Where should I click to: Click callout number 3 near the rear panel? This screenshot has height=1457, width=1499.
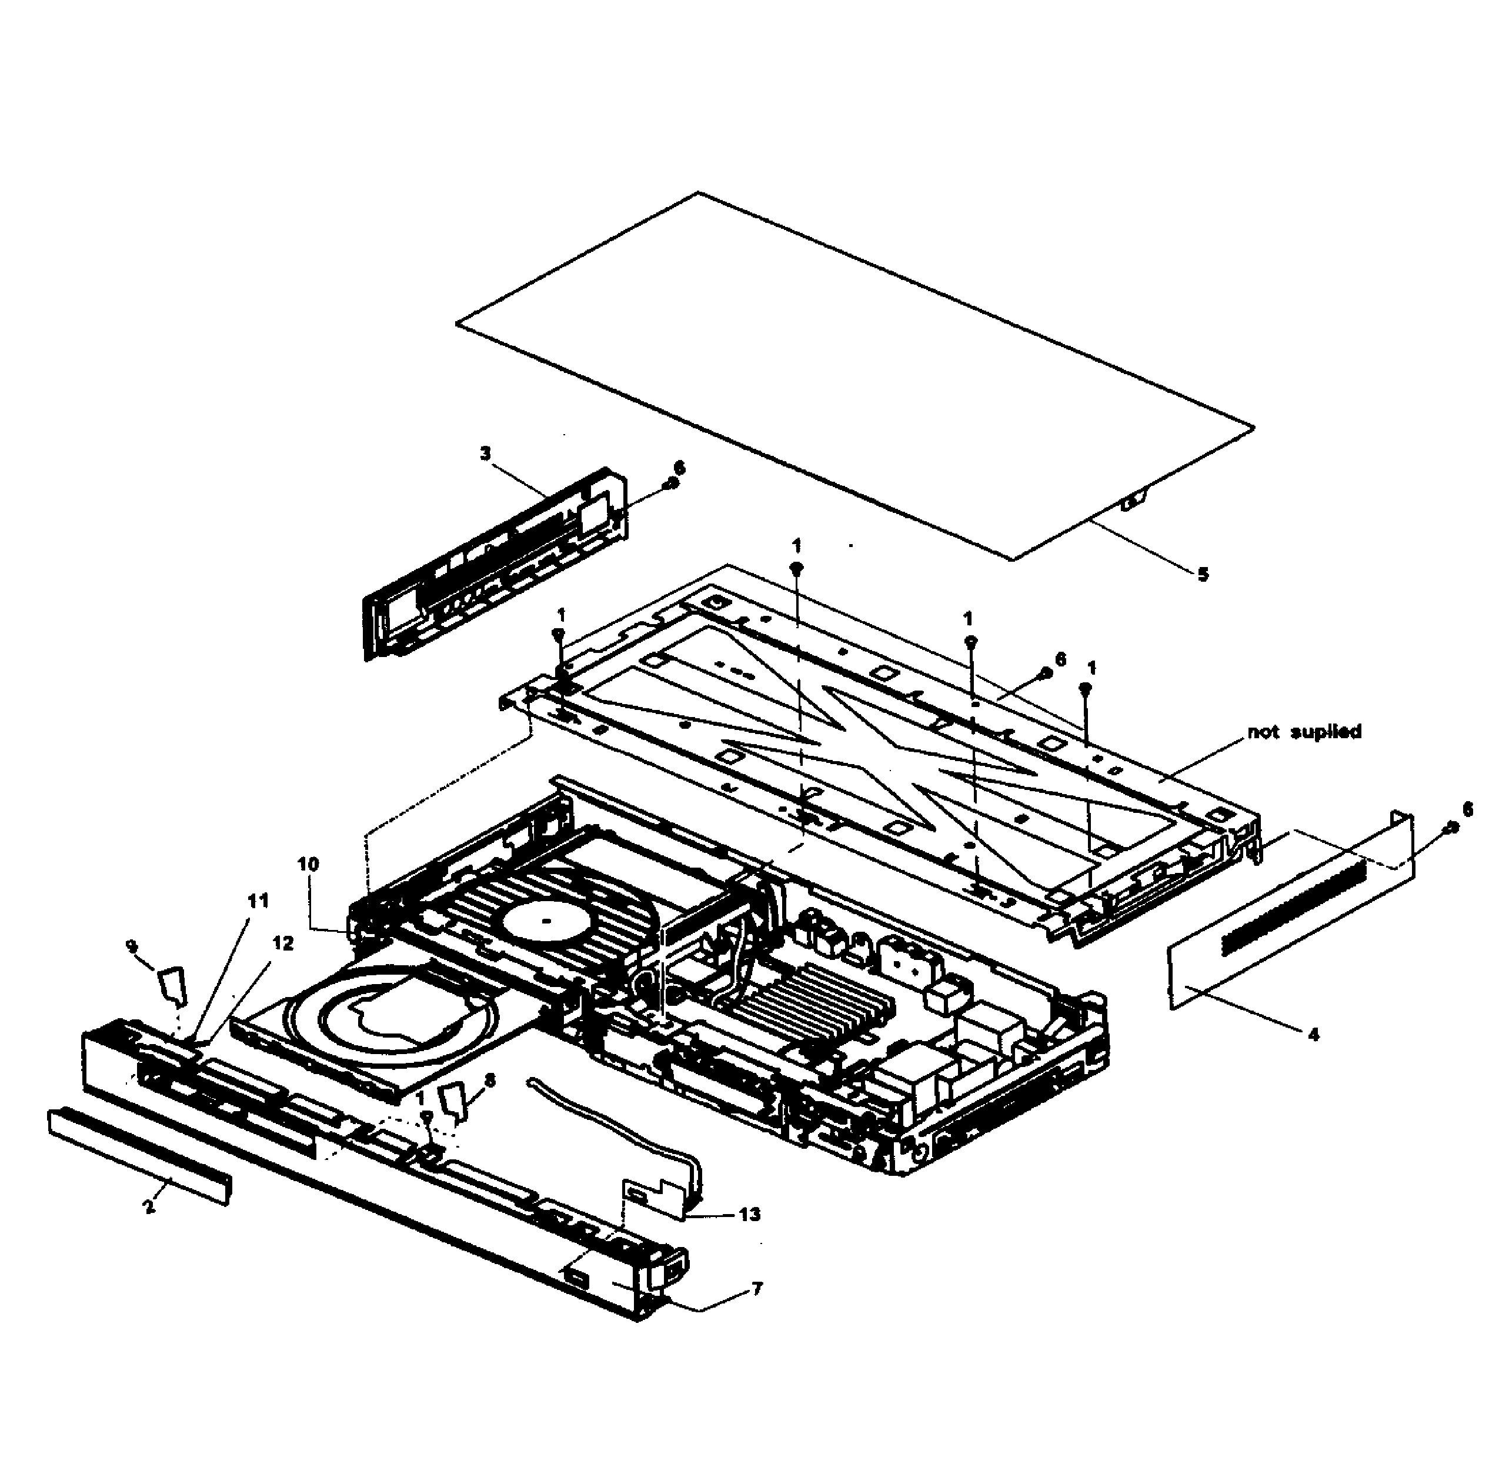pyautogui.click(x=485, y=454)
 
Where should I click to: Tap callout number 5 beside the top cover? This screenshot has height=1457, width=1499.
pyautogui.click(x=1203, y=575)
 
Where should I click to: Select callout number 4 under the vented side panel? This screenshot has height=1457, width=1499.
pyautogui.click(x=1314, y=1035)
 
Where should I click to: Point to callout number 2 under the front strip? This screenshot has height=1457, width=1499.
pyautogui.click(x=148, y=1207)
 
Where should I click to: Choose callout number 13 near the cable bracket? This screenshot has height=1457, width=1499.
pyautogui.click(x=750, y=1215)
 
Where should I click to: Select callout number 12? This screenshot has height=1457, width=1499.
pyautogui.click(x=282, y=943)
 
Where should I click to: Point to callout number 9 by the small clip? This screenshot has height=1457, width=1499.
pyautogui.click(x=132, y=946)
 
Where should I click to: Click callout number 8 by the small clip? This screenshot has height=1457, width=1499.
pyautogui.click(x=490, y=1080)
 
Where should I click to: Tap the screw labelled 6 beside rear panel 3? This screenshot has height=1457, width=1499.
pyautogui.click(x=671, y=483)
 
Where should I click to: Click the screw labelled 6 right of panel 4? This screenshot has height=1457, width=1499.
pyautogui.click(x=1448, y=829)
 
